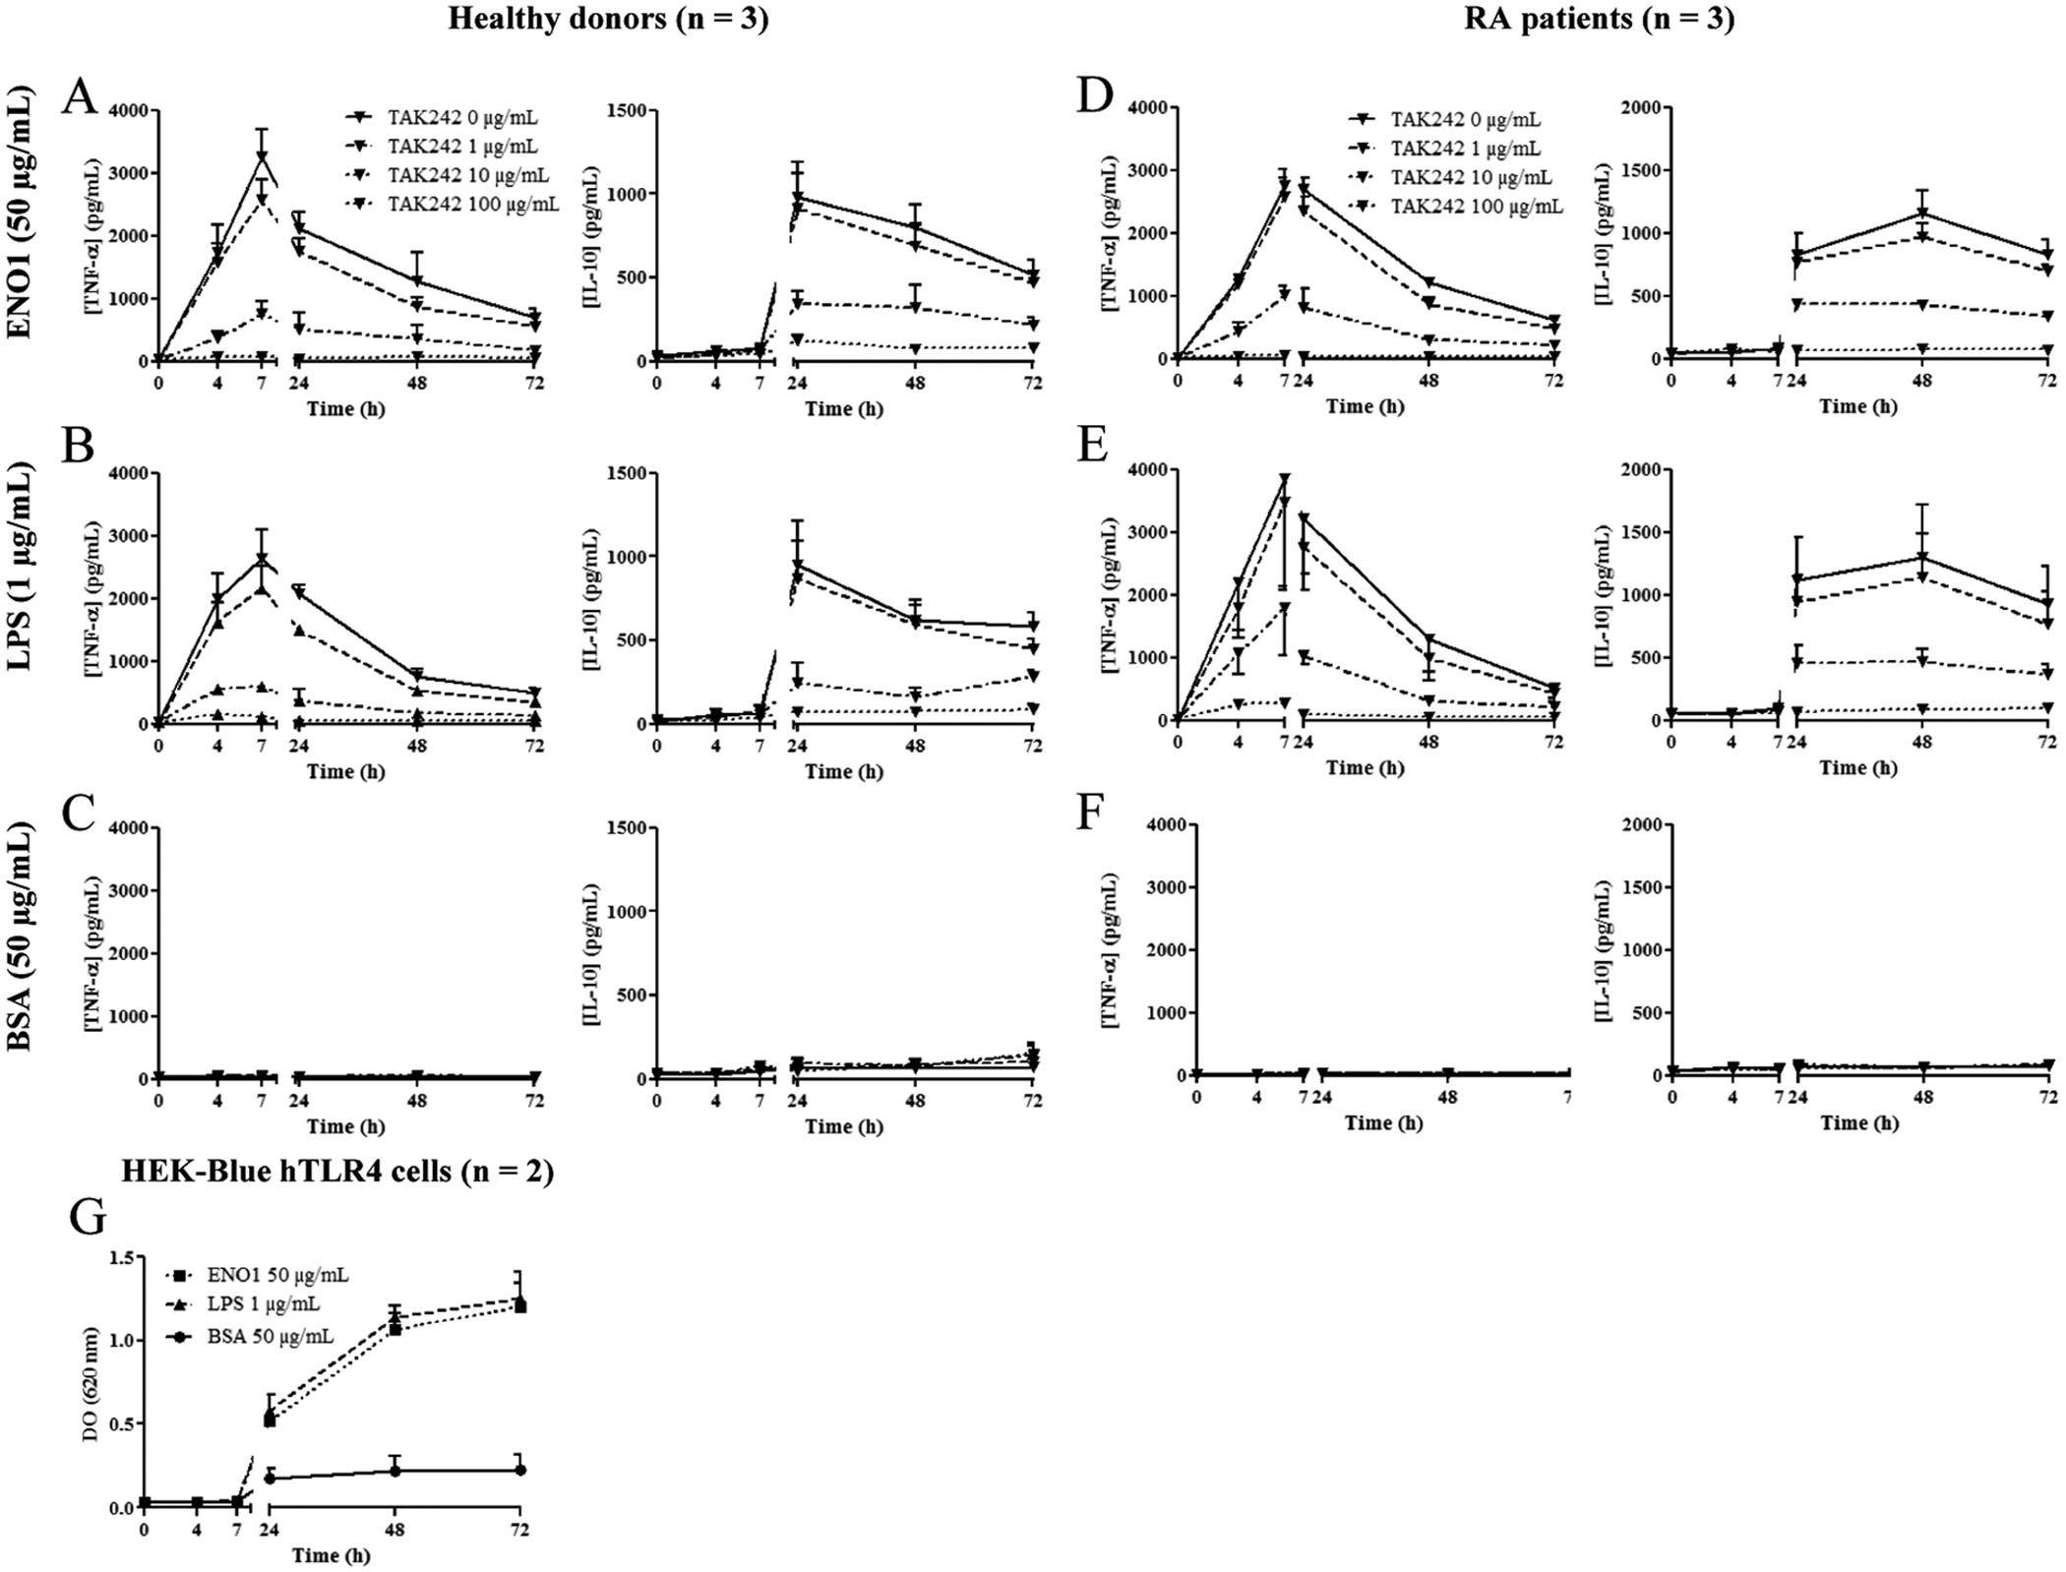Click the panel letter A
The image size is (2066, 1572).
pos(80,98)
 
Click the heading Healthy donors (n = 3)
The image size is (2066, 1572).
pos(607,20)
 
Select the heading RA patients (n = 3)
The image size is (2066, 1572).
pos(1599,20)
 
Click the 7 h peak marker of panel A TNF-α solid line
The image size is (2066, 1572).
pos(262,157)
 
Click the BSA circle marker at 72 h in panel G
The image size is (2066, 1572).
pos(520,1470)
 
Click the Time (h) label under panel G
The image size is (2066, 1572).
pos(332,1555)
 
